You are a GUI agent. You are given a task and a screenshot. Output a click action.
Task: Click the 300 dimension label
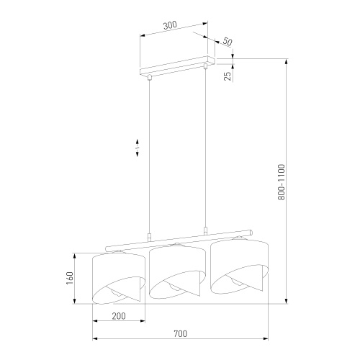pos(170,25)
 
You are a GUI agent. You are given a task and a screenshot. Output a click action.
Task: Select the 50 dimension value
pos(227,42)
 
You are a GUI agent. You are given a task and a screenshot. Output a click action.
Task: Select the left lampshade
pos(120,277)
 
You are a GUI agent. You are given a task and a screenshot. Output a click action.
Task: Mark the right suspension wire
pos(206,151)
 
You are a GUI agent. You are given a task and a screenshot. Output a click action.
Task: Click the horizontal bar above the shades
pos(180,241)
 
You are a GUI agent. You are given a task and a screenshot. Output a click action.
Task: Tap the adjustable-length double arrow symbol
pos(136,149)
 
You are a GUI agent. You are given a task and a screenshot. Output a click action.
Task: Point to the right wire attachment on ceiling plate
pos(206,68)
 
